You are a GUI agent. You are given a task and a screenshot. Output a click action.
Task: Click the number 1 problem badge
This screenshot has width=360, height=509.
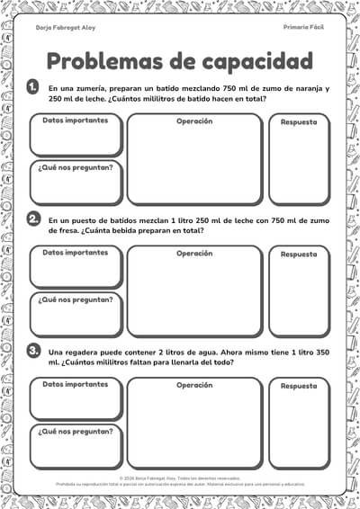tap(33, 86)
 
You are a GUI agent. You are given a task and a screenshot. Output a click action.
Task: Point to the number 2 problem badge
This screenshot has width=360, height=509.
tap(33, 219)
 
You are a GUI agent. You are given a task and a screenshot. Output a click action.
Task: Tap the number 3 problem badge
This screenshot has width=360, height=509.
tap(33, 350)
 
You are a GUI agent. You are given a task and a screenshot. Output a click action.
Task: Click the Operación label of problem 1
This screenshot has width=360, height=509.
tap(194, 121)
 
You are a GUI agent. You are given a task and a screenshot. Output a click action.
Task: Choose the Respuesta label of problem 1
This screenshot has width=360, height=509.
tap(299, 122)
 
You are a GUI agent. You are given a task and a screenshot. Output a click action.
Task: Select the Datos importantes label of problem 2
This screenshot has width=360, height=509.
tap(76, 253)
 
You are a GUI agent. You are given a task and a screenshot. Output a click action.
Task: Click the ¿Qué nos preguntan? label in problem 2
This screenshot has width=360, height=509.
tap(76, 299)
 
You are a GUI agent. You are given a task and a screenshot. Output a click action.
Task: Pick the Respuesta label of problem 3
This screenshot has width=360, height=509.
tap(299, 386)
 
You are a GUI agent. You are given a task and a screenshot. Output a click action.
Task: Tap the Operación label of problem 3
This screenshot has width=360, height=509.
tap(194, 384)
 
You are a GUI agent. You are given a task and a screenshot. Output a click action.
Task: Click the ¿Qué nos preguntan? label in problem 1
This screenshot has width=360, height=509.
tap(76, 168)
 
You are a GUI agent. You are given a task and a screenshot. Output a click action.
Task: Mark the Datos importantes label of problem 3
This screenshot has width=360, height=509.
tap(76, 384)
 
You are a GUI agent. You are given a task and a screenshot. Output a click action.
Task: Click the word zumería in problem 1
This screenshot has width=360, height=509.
tap(91, 89)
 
